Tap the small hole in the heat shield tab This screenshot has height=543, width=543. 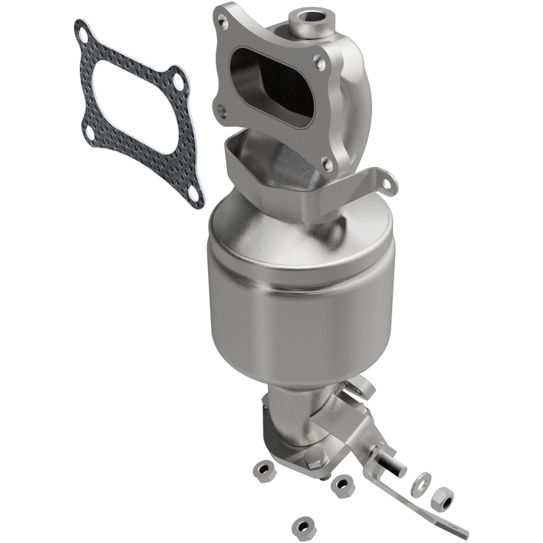point(388,185)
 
